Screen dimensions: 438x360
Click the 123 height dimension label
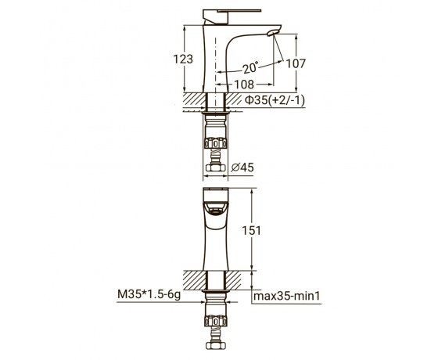183,59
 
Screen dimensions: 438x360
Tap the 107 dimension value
296,63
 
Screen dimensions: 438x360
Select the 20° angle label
250,68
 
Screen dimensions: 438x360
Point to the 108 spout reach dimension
244,85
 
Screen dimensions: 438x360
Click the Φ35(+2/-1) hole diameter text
275,100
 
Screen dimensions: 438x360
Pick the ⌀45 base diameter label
242,167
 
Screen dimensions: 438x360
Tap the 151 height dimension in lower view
251,231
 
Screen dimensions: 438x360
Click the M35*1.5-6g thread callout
149,294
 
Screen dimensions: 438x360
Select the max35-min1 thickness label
286,296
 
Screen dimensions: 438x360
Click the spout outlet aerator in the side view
272,33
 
